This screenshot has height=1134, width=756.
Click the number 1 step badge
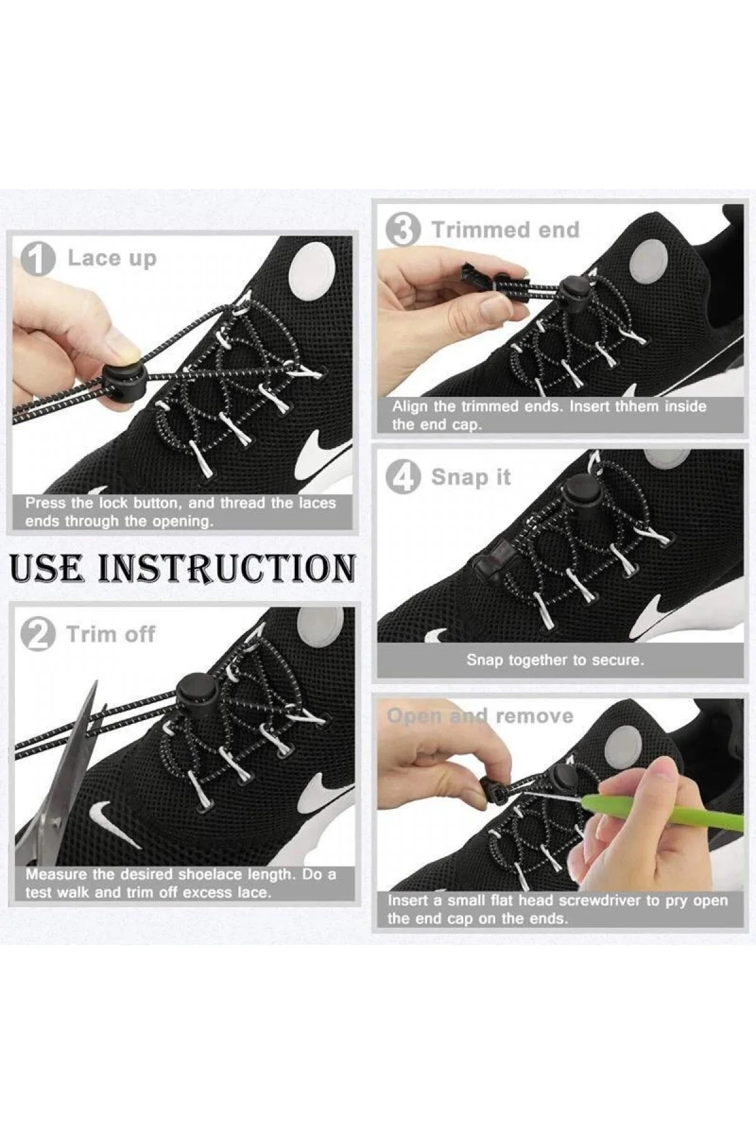[x=38, y=259]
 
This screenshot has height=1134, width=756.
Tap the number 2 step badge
[x=38, y=635]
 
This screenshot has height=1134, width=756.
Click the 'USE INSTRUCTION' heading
[x=183, y=568]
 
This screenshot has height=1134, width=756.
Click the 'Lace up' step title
[x=112, y=259]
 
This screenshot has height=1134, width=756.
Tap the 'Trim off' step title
[x=110, y=634]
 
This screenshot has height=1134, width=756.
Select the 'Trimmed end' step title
[x=505, y=230]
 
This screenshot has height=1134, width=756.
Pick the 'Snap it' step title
[x=471, y=477]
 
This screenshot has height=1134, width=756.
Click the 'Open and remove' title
[x=480, y=716]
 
